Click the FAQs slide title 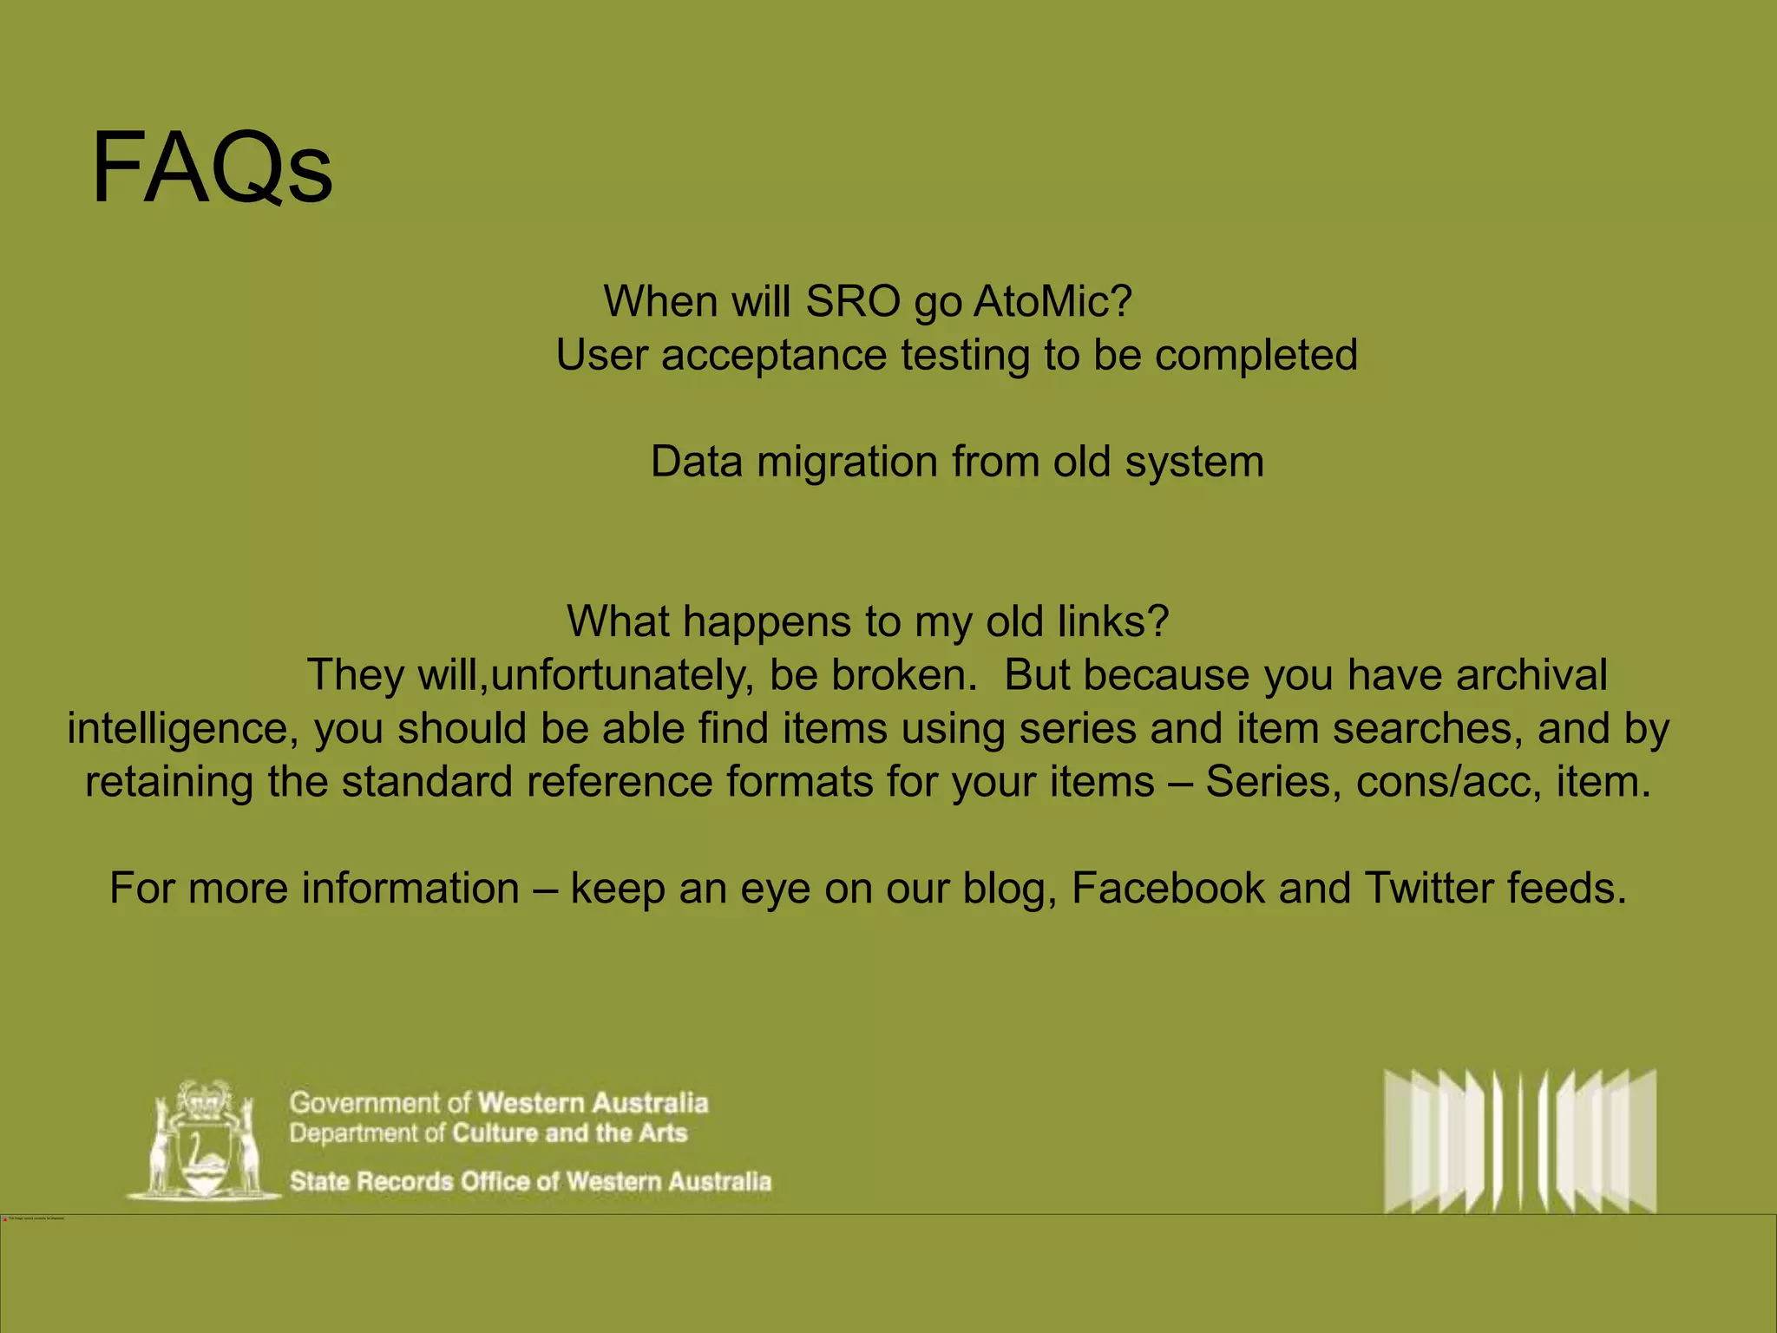212,168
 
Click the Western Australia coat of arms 205,1139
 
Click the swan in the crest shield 205,1150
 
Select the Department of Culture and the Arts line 489,1133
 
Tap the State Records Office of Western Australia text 530,1181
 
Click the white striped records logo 1519,1140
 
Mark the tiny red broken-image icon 5,1219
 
